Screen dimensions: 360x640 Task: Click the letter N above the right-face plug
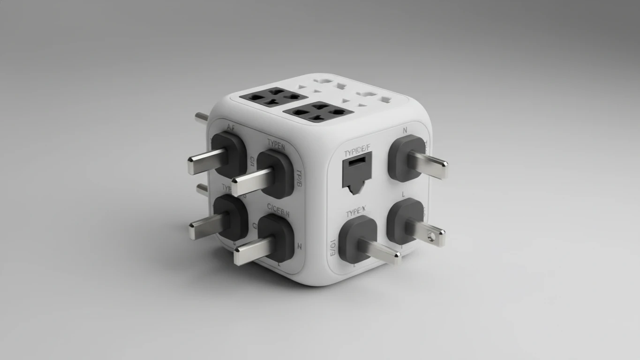(405, 131)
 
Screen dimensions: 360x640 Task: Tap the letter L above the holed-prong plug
(403, 194)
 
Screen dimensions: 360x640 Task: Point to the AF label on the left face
(230, 127)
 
